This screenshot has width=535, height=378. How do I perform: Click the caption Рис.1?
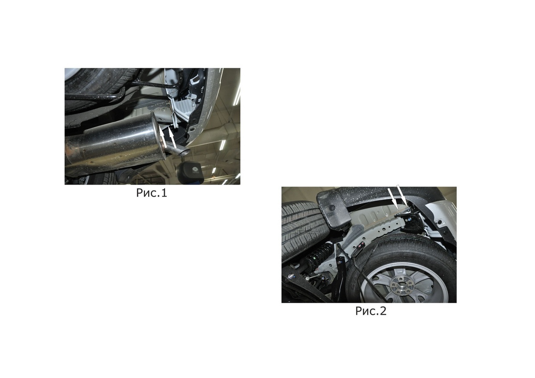pos(152,193)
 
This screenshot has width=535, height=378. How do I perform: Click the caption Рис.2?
pos(370,311)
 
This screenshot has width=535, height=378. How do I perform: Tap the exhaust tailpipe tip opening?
pos(184,152)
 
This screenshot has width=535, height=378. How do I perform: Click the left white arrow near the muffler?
pos(163,138)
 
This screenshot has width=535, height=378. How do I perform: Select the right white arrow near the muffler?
pos(173,138)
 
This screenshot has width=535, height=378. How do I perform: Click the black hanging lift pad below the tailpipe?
pos(190,172)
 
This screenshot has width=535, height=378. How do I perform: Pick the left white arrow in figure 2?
pos(392,198)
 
